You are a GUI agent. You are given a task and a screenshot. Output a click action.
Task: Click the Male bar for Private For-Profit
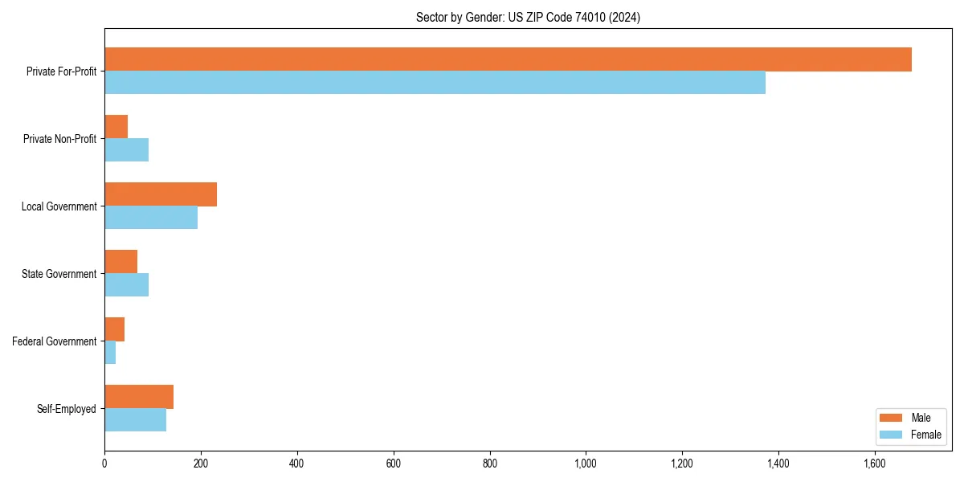pos(508,59)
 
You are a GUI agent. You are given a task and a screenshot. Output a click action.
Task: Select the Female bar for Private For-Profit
pos(435,83)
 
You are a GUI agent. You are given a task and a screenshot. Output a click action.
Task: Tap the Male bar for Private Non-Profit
pos(116,127)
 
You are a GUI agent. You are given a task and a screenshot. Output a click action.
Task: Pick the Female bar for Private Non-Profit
pos(126,150)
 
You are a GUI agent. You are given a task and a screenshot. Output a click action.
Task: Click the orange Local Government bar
pos(161,194)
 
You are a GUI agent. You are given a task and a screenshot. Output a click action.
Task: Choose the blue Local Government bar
pos(151,218)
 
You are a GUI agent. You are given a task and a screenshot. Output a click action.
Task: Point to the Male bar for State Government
pos(120,262)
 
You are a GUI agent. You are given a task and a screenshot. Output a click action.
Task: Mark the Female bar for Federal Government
pos(110,353)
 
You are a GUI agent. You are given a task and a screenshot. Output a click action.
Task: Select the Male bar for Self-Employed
pos(139,397)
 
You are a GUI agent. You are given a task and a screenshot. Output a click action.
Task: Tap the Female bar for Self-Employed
pos(135,420)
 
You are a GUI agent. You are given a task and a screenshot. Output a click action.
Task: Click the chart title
pos(528,17)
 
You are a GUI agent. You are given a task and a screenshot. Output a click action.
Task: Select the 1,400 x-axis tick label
pos(778,464)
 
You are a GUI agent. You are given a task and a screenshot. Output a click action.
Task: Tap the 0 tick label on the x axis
pos(104,464)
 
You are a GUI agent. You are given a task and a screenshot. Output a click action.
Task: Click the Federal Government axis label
pos(55,341)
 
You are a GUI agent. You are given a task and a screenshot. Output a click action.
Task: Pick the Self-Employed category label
pos(66,409)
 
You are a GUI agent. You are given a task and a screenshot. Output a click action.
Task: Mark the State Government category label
pos(59,274)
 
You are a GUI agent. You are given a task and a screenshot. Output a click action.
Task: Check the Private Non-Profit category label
pos(59,139)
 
